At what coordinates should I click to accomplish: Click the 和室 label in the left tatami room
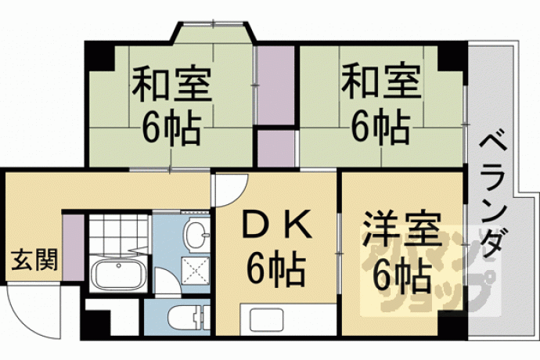pos(171,84)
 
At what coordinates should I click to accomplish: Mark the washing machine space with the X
pos(196,271)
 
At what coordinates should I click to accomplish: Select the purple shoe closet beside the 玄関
pos(74,247)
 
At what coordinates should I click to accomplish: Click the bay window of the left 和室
pos(214,32)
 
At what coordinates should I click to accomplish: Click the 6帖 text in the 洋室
pos(402,278)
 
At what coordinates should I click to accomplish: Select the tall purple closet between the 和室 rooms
pos(275,85)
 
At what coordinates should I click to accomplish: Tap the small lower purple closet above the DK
pos(276,149)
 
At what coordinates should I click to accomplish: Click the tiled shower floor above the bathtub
pos(119,233)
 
